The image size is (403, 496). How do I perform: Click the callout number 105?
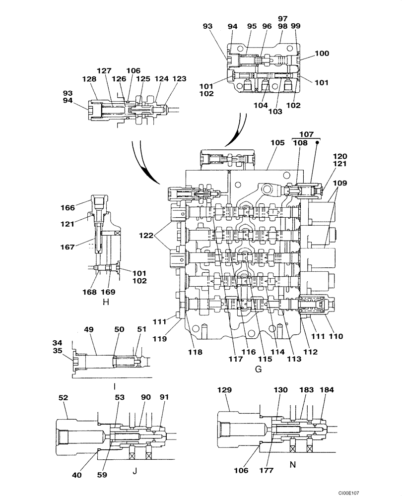click(277, 143)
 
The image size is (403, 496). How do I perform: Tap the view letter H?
click(105, 302)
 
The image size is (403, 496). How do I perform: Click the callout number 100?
click(322, 53)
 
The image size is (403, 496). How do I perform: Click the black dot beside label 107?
click(317, 142)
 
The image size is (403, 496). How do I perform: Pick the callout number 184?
click(328, 390)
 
